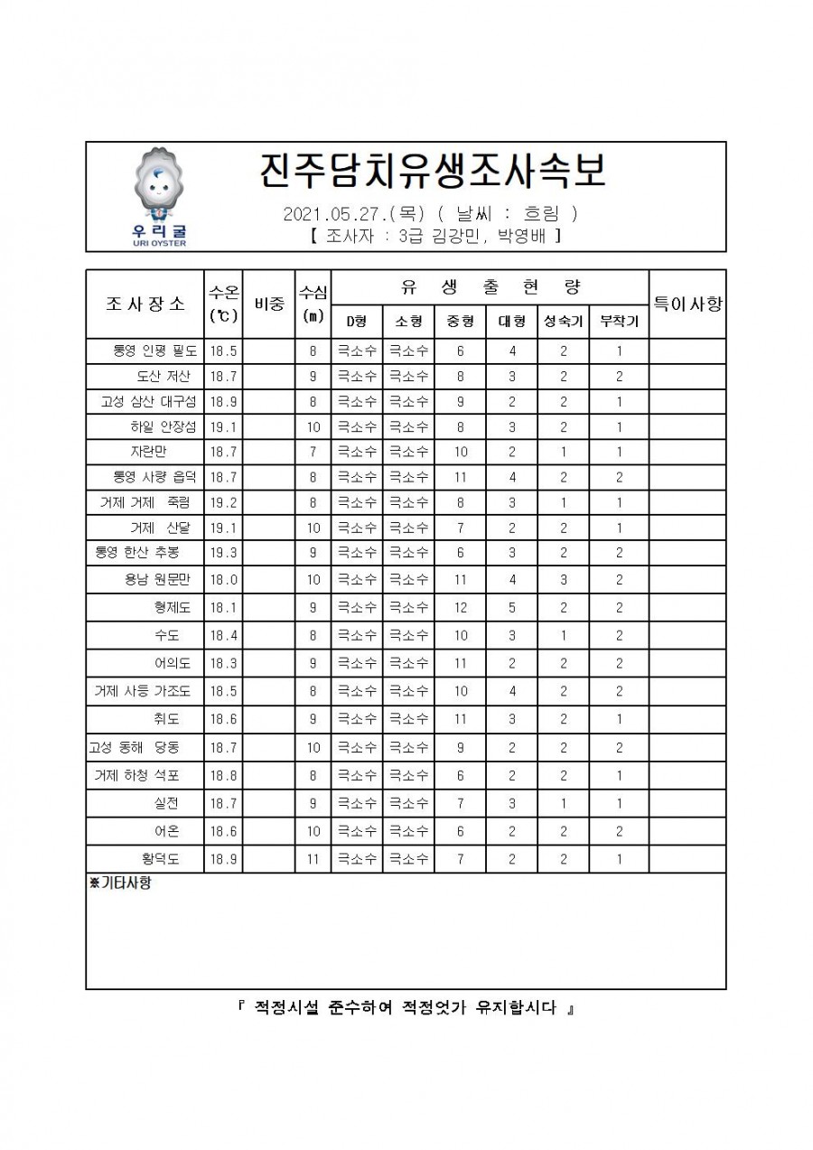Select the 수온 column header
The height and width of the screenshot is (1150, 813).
tap(223, 304)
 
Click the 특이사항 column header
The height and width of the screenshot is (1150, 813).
tap(687, 304)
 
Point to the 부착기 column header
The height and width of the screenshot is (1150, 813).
tap(619, 321)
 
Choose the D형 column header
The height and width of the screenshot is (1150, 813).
tap(356, 321)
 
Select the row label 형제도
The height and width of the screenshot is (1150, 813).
tap(166, 608)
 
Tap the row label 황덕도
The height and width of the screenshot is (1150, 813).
tap(154, 859)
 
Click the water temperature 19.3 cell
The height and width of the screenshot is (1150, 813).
tap(223, 552)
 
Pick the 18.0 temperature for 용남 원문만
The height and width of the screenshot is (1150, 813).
tap(223, 580)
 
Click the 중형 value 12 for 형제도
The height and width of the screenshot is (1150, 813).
tap(460, 608)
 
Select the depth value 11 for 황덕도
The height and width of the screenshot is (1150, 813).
tap(313, 859)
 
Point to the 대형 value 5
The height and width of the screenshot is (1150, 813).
tap(511, 608)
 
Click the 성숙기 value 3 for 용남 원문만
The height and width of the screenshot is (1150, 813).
tap(563, 580)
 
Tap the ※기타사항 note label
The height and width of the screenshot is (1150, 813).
tap(120, 884)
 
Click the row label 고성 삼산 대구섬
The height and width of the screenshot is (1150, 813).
tap(147, 401)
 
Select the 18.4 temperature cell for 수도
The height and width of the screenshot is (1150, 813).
tap(223, 636)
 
